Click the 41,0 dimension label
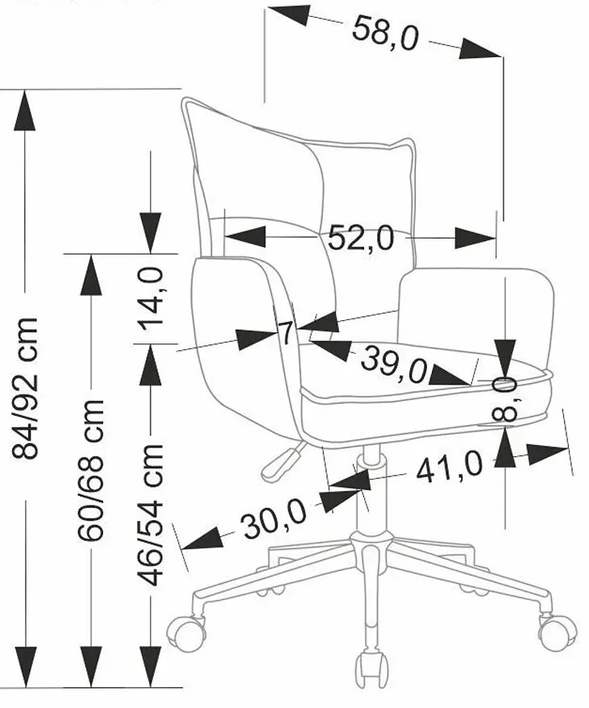tap(449, 466)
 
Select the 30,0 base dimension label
tap(273, 521)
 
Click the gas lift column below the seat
tap(369, 492)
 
